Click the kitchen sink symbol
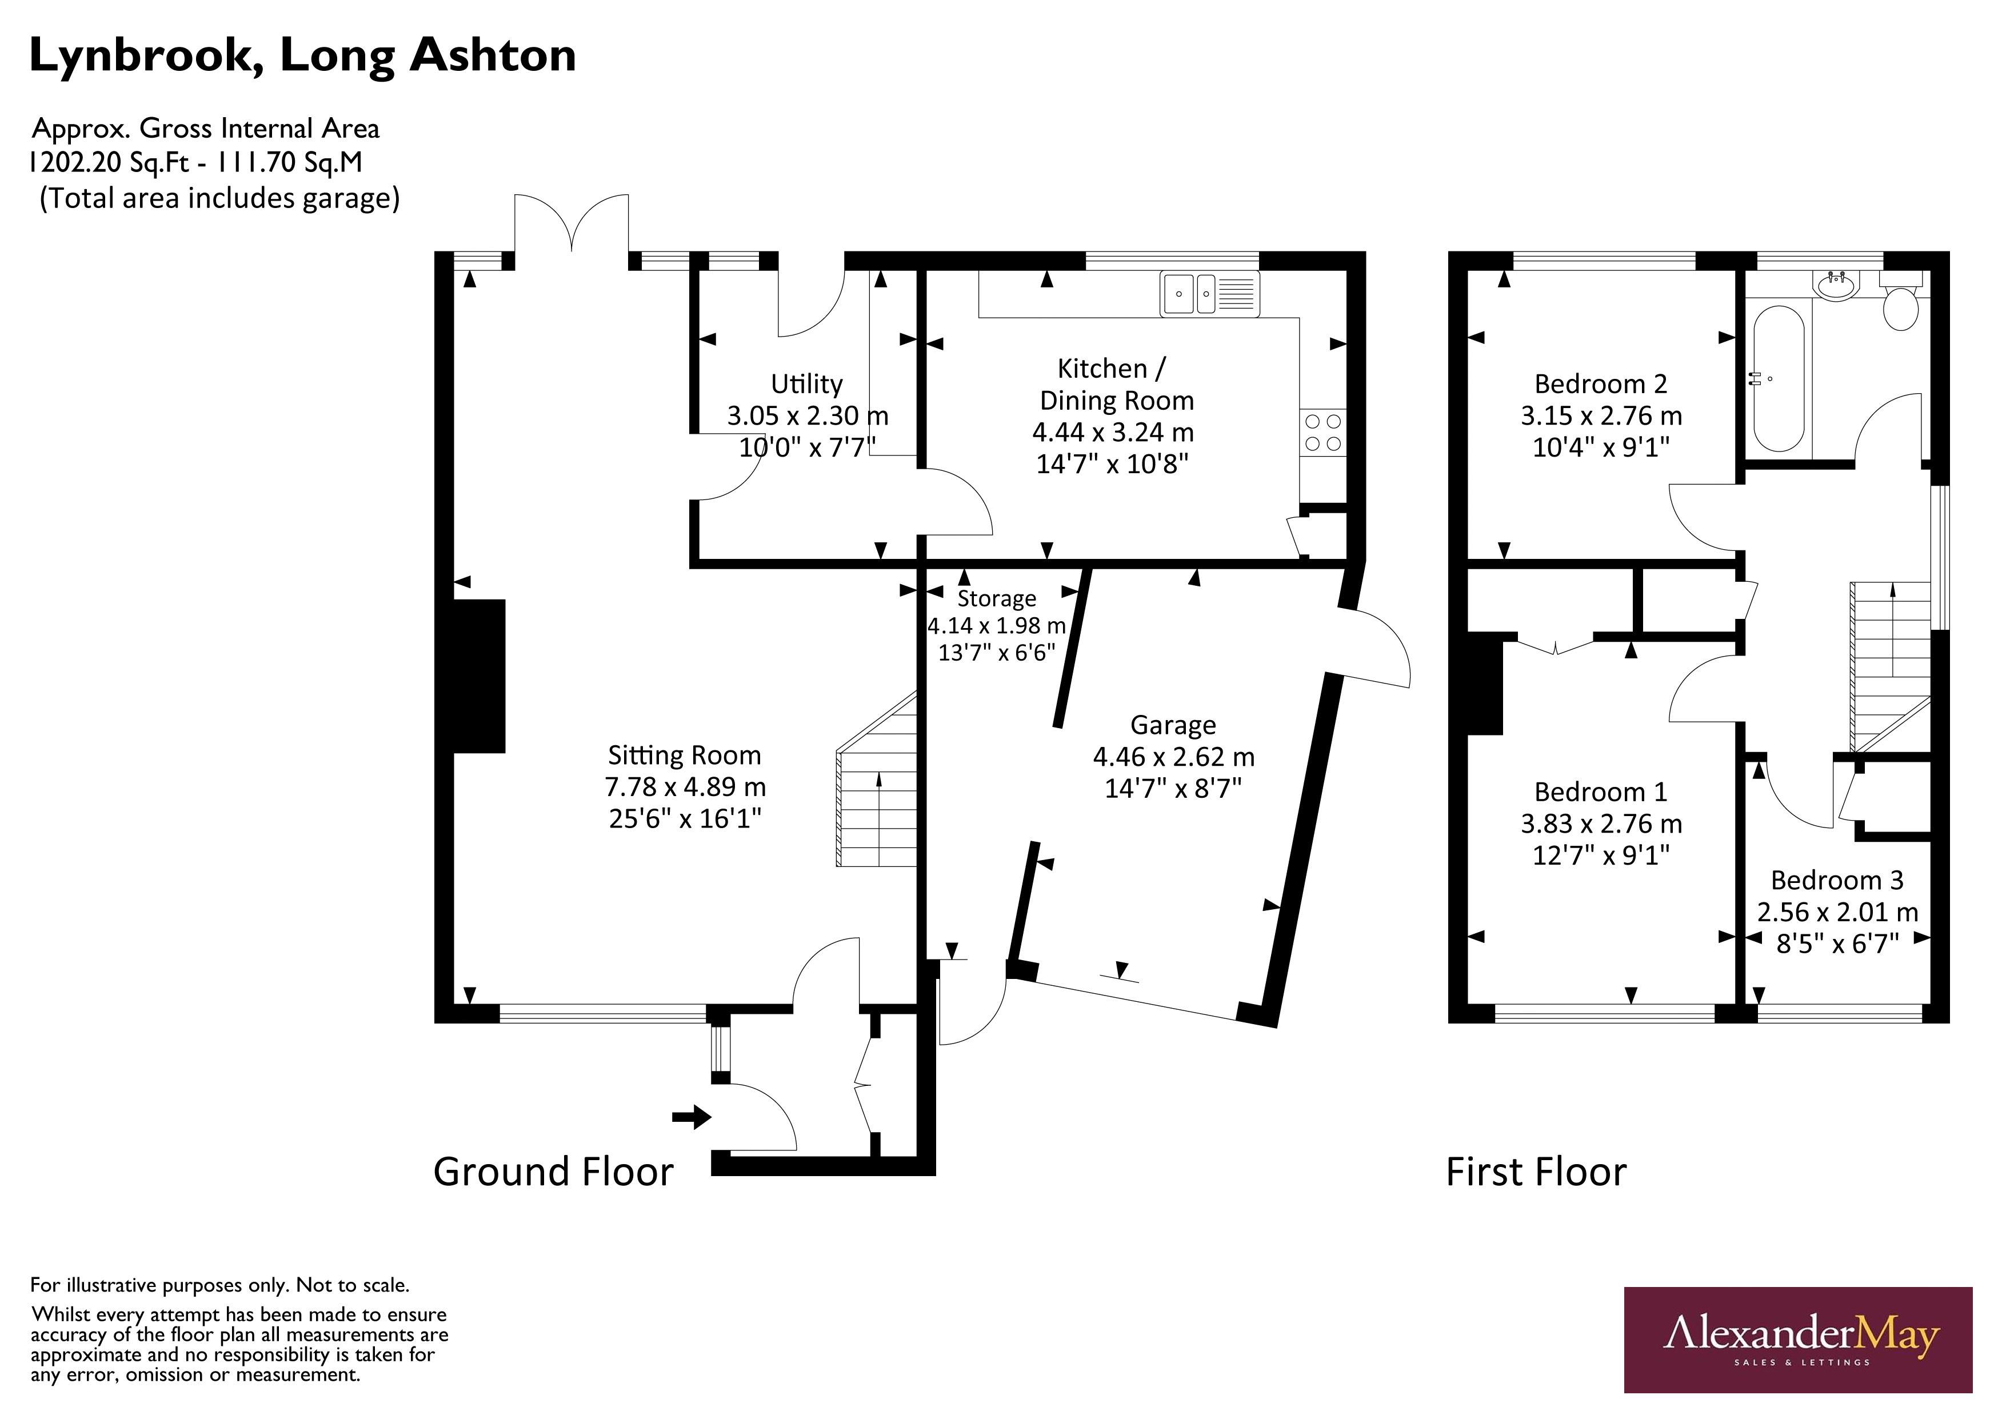(1210, 294)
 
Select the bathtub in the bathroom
(1778, 378)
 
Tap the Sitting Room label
(684, 755)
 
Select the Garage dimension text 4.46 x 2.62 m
(1173, 757)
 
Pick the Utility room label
(806, 383)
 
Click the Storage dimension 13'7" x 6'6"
(996, 653)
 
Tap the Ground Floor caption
(553, 1172)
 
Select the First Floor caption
(1536, 1172)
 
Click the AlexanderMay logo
(1797, 1340)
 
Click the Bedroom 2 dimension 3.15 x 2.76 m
(1601, 416)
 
